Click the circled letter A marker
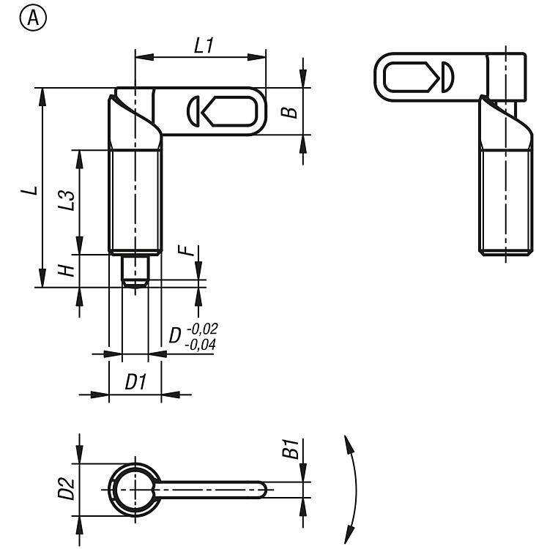coord(32,18)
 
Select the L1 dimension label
coord(204,46)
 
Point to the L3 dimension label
coord(66,201)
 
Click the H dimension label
coord(67,270)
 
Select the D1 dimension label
coord(135,381)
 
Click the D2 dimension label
coord(66,489)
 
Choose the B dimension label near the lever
coord(289,113)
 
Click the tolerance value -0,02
coord(203,329)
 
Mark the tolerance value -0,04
coord(200,345)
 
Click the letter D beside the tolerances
coord(175,335)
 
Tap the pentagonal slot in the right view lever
coord(411,77)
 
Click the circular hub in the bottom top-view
coord(135,490)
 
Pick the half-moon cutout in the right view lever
coord(447,77)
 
